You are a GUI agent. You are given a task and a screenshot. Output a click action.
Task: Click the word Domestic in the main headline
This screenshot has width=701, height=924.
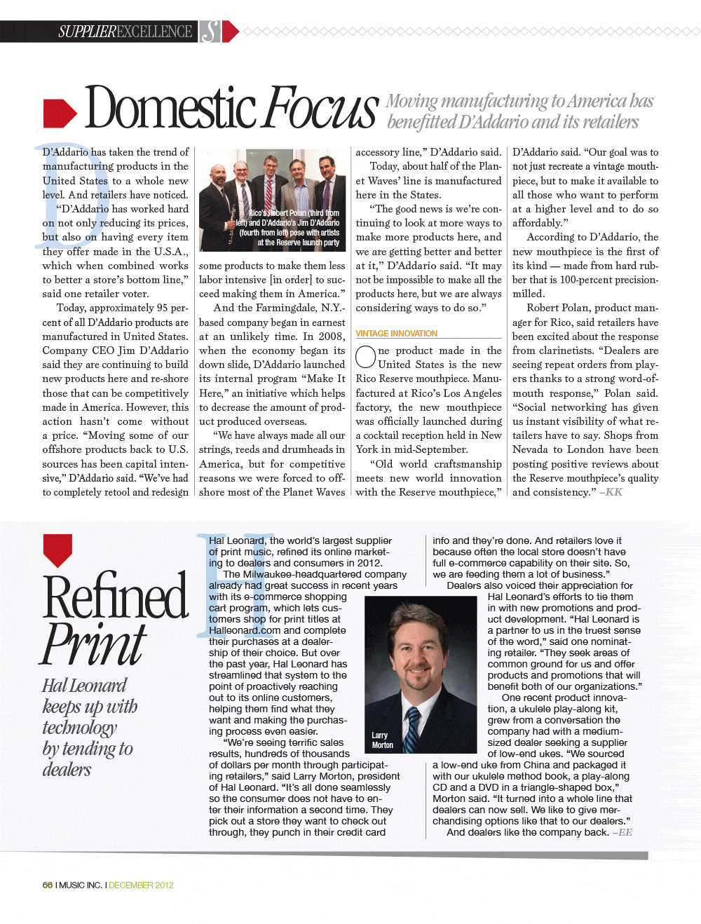click(x=170, y=109)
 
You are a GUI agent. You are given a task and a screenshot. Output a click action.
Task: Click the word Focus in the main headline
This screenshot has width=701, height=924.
click(x=322, y=109)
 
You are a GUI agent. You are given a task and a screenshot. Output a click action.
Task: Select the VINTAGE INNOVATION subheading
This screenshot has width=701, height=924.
click(x=396, y=334)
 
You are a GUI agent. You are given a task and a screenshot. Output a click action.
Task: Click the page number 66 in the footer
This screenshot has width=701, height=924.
click(x=48, y=885)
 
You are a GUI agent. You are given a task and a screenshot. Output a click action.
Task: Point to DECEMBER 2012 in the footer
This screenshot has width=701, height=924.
click(x=141, y=885)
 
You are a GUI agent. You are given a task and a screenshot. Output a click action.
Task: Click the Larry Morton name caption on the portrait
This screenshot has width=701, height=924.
click(x=382, y=740)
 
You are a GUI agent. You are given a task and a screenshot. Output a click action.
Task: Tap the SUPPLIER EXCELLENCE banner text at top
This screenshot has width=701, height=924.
click(x=125, y=32)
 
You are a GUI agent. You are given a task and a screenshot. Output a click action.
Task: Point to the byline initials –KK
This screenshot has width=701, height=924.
click(x=611, y=492)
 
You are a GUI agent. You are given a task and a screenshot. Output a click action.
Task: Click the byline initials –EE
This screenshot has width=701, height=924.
click(x=622, y=832)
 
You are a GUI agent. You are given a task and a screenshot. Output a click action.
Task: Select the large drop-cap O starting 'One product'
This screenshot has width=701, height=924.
click(x=365, y=357)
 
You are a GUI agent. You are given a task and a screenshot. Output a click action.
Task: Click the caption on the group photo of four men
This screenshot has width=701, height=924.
click(x=289, y=228)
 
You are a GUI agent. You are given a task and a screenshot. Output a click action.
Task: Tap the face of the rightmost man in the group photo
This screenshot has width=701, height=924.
click(x=325, y=169)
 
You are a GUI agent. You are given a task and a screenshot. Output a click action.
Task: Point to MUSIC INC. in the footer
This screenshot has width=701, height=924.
click(x=81, y=885)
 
